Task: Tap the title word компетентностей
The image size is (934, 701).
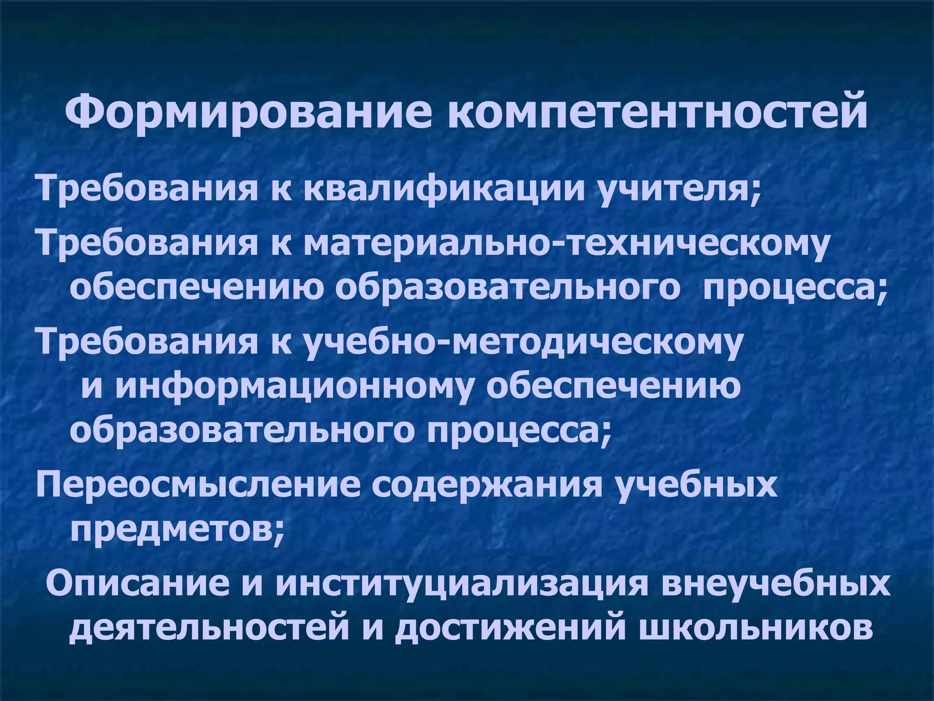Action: click(657, 110)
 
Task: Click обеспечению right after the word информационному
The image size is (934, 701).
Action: click(613, 386)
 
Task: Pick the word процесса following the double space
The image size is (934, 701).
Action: click(794, 288)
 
